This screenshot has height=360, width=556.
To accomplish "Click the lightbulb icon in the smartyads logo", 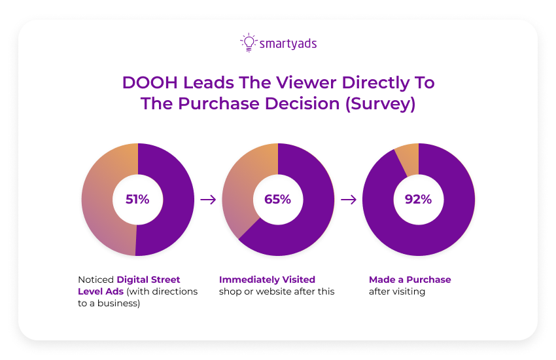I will (x=248, y=43).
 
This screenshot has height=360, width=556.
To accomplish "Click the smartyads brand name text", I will (x=287, y=44).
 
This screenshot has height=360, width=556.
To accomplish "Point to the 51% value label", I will (x=137, y=200).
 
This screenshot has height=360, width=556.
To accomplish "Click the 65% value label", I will (x=277, y=200).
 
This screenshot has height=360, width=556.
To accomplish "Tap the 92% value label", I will (x=418, y=200).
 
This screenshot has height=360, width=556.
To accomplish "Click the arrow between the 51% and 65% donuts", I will (x=208, y=200).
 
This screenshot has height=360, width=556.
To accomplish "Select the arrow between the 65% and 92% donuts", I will (x=349, y=200).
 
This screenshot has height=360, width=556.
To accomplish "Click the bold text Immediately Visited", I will (x=267, y=279).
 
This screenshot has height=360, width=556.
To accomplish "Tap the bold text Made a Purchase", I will (x=409, y=279).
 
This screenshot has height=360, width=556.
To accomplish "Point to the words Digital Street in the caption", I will (x=148, y=279).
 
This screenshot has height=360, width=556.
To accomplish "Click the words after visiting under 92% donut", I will (x=396, y=291).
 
